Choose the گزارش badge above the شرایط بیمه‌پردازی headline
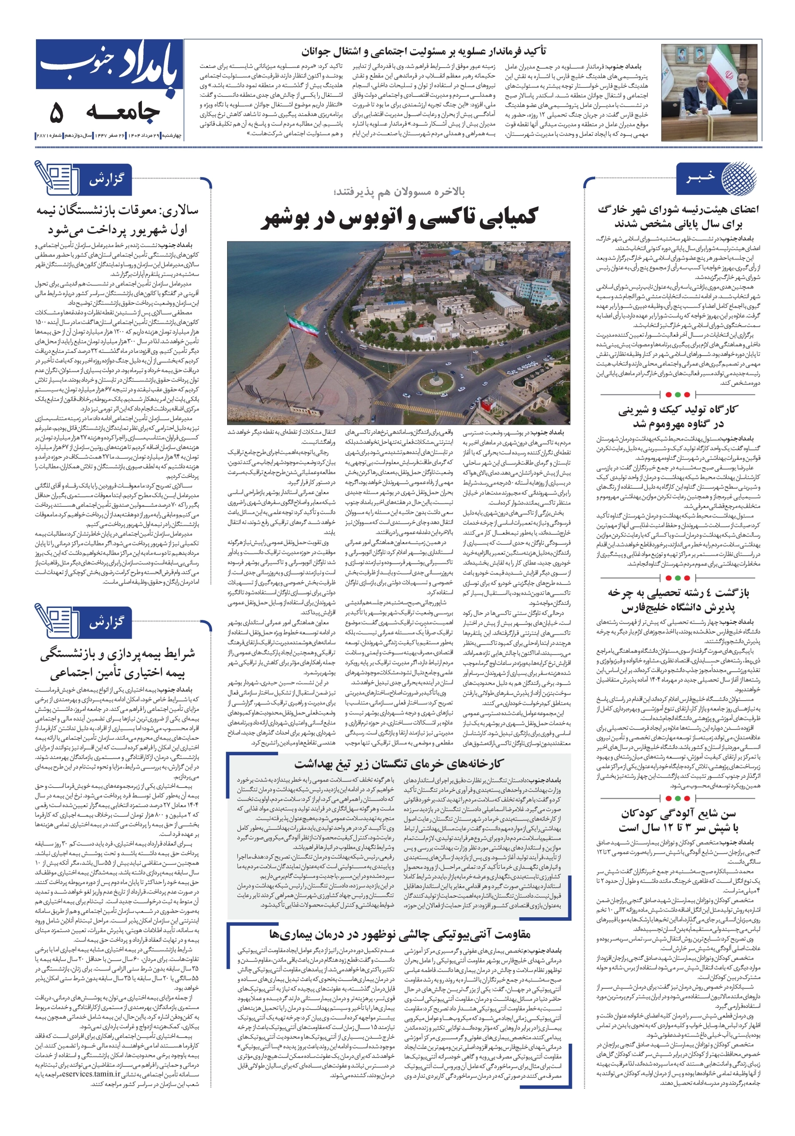tap(106, 622)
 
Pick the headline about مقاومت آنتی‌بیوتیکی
tap(400, 934)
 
